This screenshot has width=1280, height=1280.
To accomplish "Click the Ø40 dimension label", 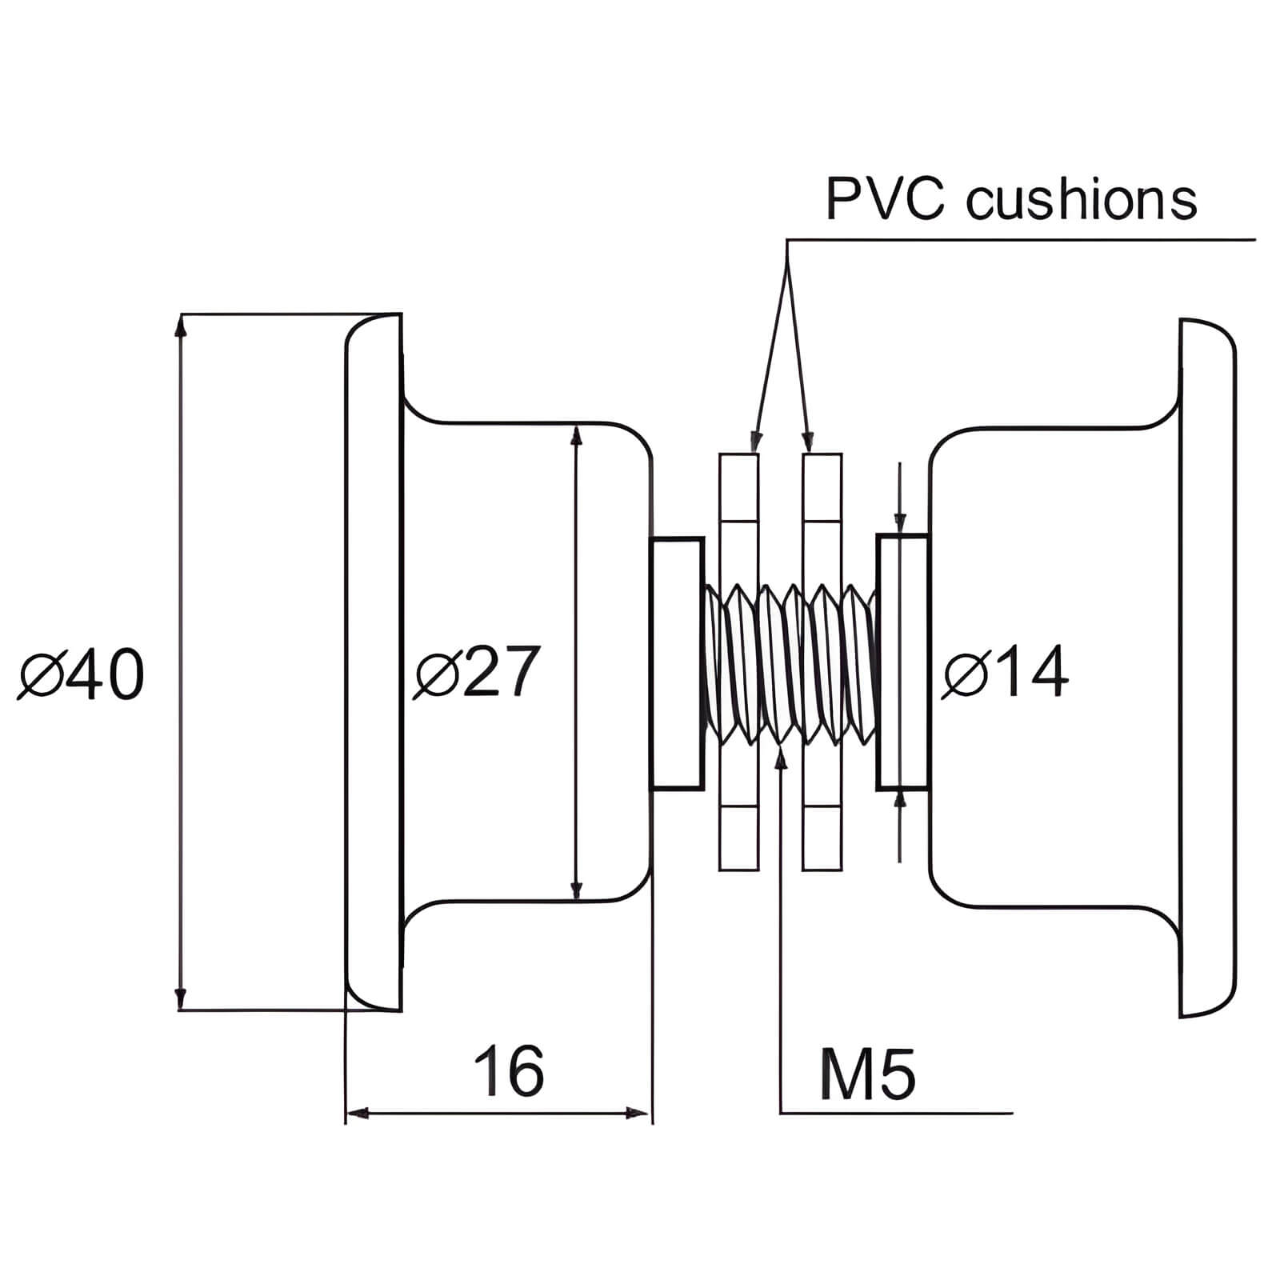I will (82, 674).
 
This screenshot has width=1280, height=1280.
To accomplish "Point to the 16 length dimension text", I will (509, 1070).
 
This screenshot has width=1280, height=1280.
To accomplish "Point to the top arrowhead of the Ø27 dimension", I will (576, 434).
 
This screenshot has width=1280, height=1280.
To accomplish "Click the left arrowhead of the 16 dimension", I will (358, 1113).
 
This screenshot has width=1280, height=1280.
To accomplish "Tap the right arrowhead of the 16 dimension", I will (639, 1113).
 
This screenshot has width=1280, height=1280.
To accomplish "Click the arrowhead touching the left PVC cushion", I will (752, 440).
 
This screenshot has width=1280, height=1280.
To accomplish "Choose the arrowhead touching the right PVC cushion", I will (808, 440).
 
